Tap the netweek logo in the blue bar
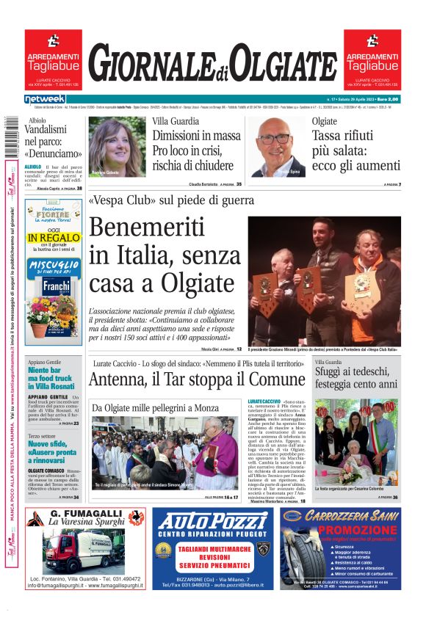[45, 98]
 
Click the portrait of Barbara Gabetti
[117, 147]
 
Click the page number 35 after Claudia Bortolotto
[239, 184]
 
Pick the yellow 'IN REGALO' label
[52, 239]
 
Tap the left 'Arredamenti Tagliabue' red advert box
[53, 58]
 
